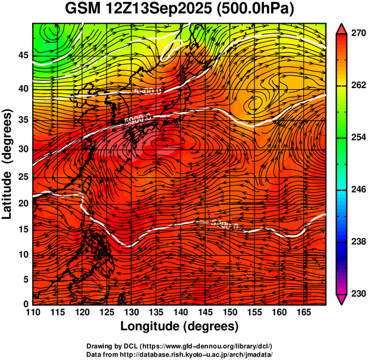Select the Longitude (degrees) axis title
pyautogui.click(x=180, y=326)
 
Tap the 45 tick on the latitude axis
pyautogui.click(x=23, y=55)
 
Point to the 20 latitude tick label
pyautogui.click(x=23, y=203)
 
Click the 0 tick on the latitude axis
pyautogui.click(x=26, y=304)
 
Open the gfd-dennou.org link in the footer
pyautogui.click(x=213, y=346)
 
